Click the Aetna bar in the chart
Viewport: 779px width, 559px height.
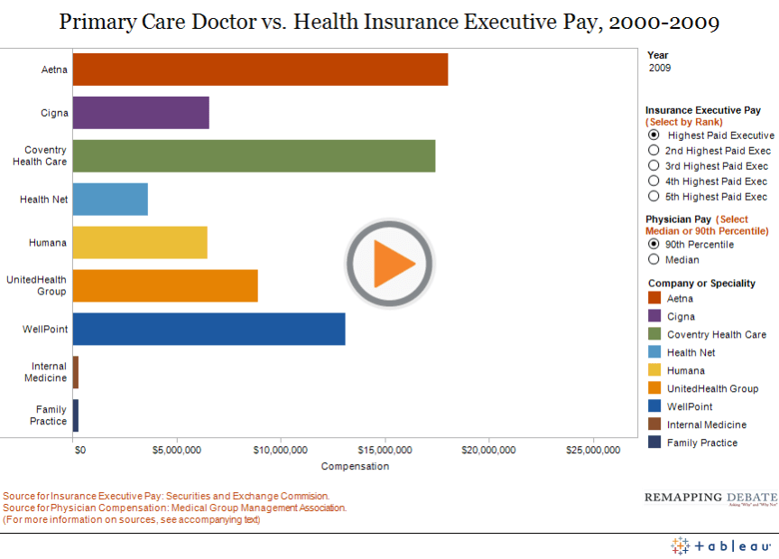(260, 70)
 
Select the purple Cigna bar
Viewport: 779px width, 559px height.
(141, 113)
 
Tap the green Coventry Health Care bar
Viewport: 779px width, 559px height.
(254, 156)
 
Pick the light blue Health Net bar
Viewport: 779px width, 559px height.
(110, 200)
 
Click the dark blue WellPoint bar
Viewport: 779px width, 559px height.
(209, 329)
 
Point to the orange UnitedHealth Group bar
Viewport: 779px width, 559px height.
(165, 285)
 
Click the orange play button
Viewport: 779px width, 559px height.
(389, 264)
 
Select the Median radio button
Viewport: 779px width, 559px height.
(654, 259)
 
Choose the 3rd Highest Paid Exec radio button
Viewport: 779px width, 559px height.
(654, 166)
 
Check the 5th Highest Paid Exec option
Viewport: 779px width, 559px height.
(654, 196)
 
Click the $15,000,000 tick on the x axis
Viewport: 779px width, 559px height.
(385, 450)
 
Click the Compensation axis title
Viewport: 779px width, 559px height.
(355, 466)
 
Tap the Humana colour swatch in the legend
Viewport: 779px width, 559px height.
(655, 370)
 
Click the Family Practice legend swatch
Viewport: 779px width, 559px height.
(655, 443)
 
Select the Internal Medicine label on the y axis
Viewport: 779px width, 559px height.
(49, 372)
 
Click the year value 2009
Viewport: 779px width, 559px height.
(660, 68)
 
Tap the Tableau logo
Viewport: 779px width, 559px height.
(722, 546)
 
